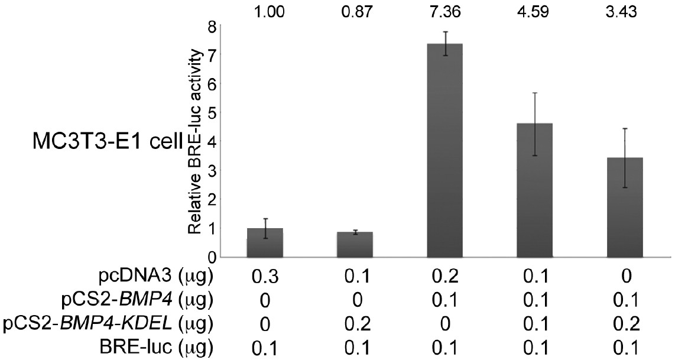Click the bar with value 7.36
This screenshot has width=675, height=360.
coord(444,151)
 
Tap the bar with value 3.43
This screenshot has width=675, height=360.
coord(624,207)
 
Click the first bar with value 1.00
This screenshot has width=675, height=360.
coord(264,242)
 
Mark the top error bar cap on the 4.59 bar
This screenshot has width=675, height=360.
coord(534,93)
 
